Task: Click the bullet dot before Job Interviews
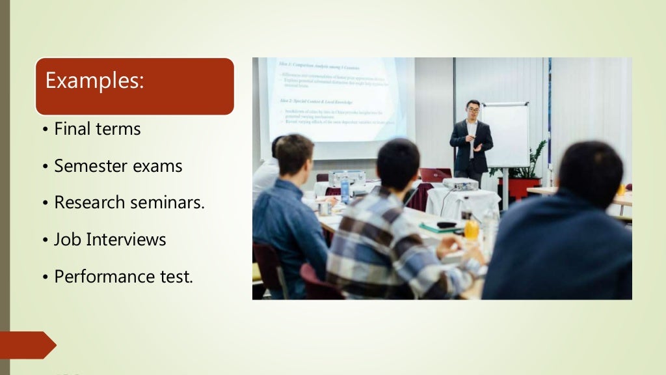[46, 241]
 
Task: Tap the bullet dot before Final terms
[46, 130]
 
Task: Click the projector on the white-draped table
[460, 184]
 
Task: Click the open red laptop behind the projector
[434, 174]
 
